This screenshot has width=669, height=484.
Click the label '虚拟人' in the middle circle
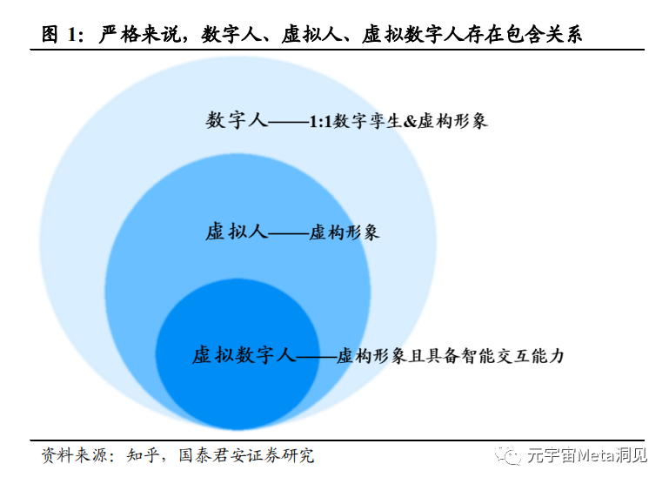(235, 232)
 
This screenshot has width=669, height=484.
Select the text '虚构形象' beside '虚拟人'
(345, 233)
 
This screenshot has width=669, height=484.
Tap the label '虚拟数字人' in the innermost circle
(244, 355)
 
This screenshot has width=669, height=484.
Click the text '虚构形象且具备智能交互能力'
(451, 356)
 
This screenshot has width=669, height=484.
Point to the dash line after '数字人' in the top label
(288, 123)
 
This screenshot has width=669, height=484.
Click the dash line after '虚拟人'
(287, 234)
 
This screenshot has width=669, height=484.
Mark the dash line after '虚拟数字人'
(316, 357)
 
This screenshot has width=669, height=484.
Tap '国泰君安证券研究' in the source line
(245, 455)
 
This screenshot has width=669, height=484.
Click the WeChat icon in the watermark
(505, 456)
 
